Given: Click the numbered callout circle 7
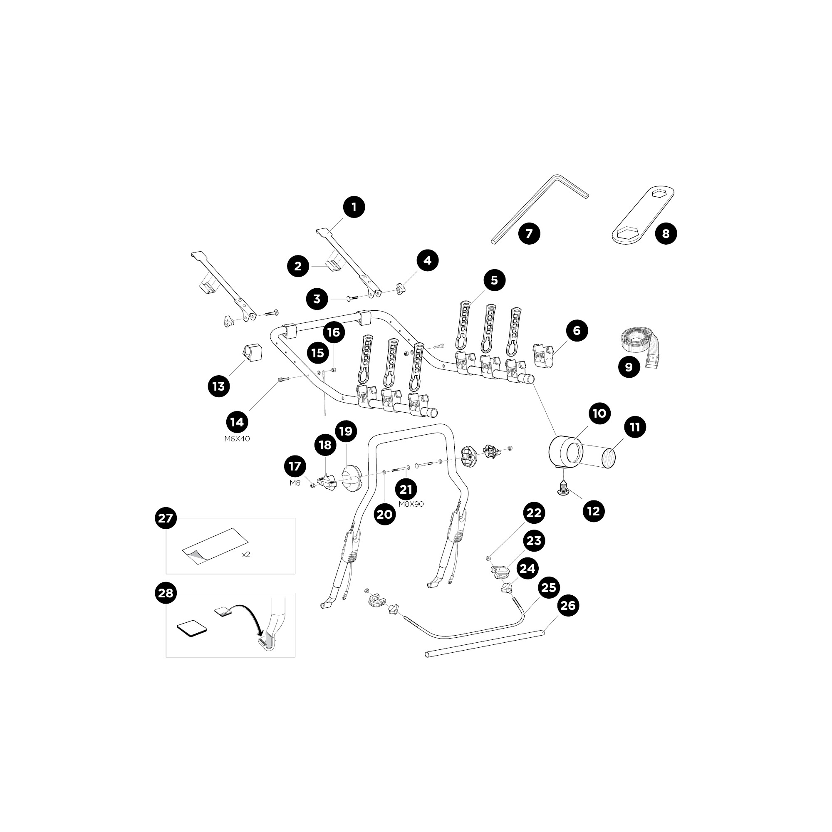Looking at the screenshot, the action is click(x=529, y=233).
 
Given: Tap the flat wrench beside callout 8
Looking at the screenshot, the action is click(x=643, y=215).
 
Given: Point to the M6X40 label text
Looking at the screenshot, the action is click(x=237, y=439).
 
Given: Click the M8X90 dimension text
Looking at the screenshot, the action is click(x=411, y=504).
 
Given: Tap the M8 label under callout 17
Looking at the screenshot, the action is click(x=295, y=483).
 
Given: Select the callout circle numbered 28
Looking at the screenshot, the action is click(x=166, y=593).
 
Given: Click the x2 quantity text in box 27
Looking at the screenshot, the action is click(x=246, y=554).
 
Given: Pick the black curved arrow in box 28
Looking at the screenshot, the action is click(x=246, y=619).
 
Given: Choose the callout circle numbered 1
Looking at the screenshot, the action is click(x=354, y=207).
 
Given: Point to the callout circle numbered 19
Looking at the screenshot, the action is click(x=346, y=431).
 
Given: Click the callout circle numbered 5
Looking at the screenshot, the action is click(x=494, y=280).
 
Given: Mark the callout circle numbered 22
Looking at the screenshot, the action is click(x=534, y=513).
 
